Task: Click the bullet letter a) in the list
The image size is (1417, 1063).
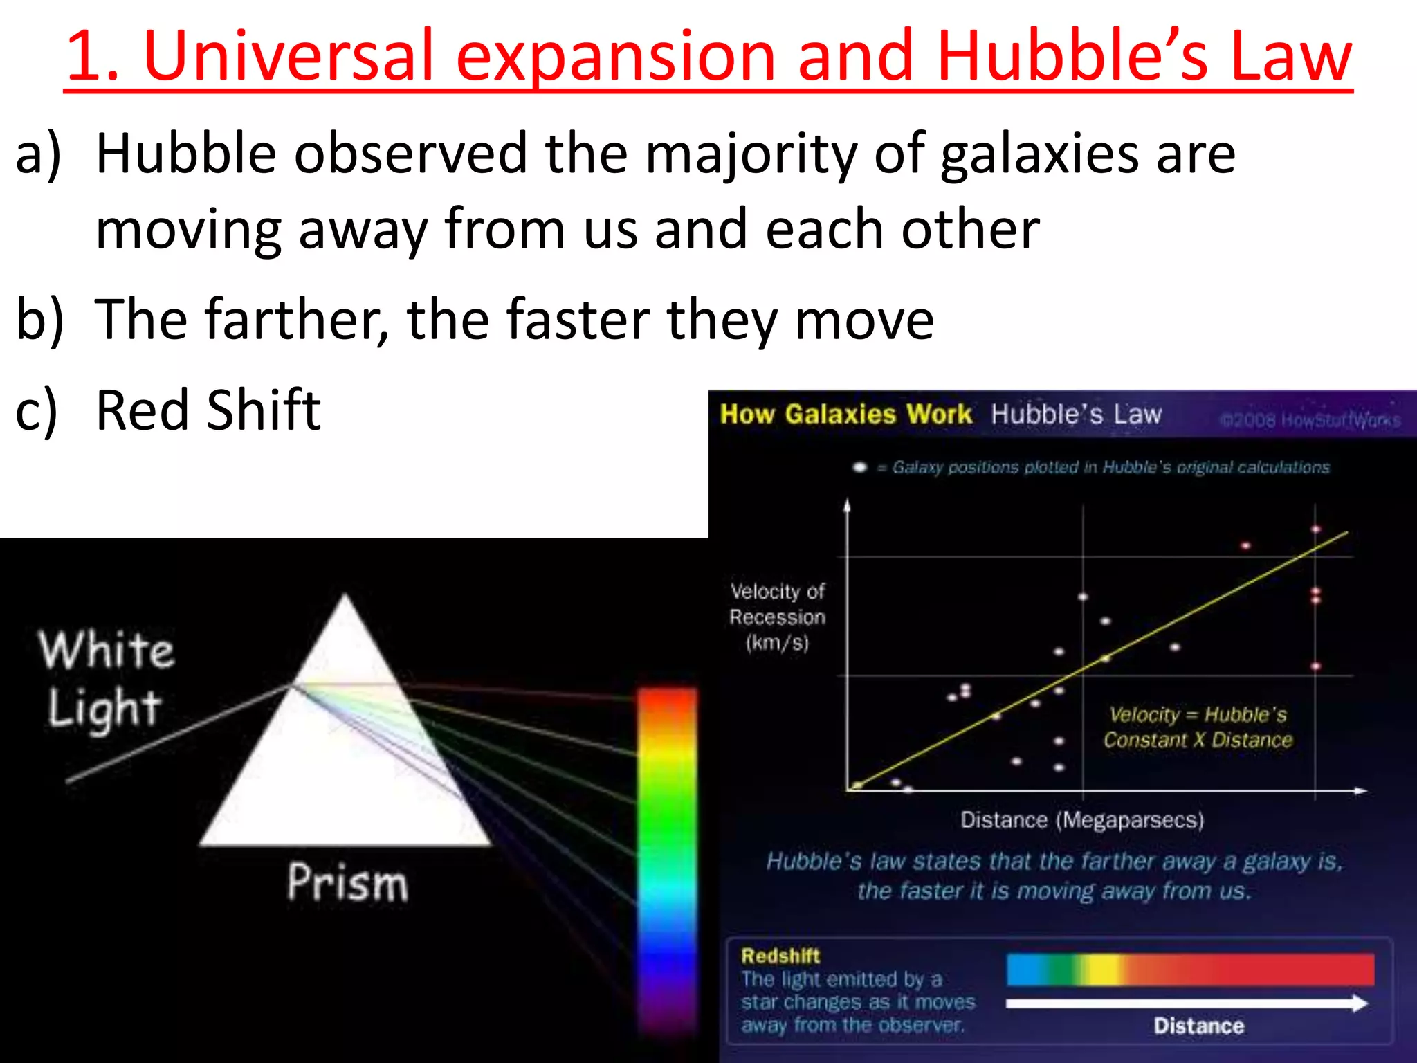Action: (38, 154)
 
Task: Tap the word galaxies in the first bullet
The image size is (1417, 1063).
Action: (1039, 154)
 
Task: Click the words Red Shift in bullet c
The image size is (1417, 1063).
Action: (208, 410)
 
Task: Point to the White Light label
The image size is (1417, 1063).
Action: (105, 678)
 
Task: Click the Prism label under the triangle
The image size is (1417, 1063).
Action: (347, 882)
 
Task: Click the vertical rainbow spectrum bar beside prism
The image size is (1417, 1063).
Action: (666, 858)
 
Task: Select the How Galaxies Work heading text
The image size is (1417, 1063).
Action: (845, 414)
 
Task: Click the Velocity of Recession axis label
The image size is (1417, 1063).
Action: (778, 617)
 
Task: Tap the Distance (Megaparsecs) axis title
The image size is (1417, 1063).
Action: (1082, 820)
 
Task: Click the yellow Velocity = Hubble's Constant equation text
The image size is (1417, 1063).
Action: (1198, 727)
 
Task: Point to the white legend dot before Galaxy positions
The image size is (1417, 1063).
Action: (859, 467)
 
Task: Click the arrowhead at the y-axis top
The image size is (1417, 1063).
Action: (847, 505)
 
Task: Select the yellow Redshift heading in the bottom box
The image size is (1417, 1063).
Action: (780, 956)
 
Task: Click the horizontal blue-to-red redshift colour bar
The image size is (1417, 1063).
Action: (1190, 969)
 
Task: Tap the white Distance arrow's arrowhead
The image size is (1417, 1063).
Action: (1360, 1003)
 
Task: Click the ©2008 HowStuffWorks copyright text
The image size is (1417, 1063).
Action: (1310, 420)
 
